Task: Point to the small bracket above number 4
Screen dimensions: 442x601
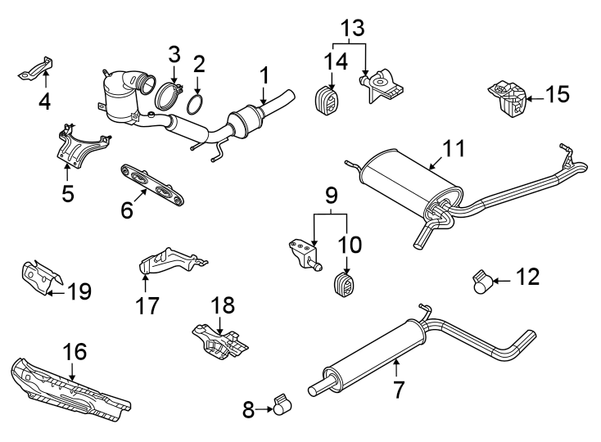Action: tap(36, 69)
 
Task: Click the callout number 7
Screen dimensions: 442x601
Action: tap(398, 389)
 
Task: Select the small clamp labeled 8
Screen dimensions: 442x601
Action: tap(282, 404)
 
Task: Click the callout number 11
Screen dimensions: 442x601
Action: tap(454, 149)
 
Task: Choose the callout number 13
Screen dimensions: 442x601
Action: tap(350, 28)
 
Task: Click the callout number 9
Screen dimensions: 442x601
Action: tap(330, 197)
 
